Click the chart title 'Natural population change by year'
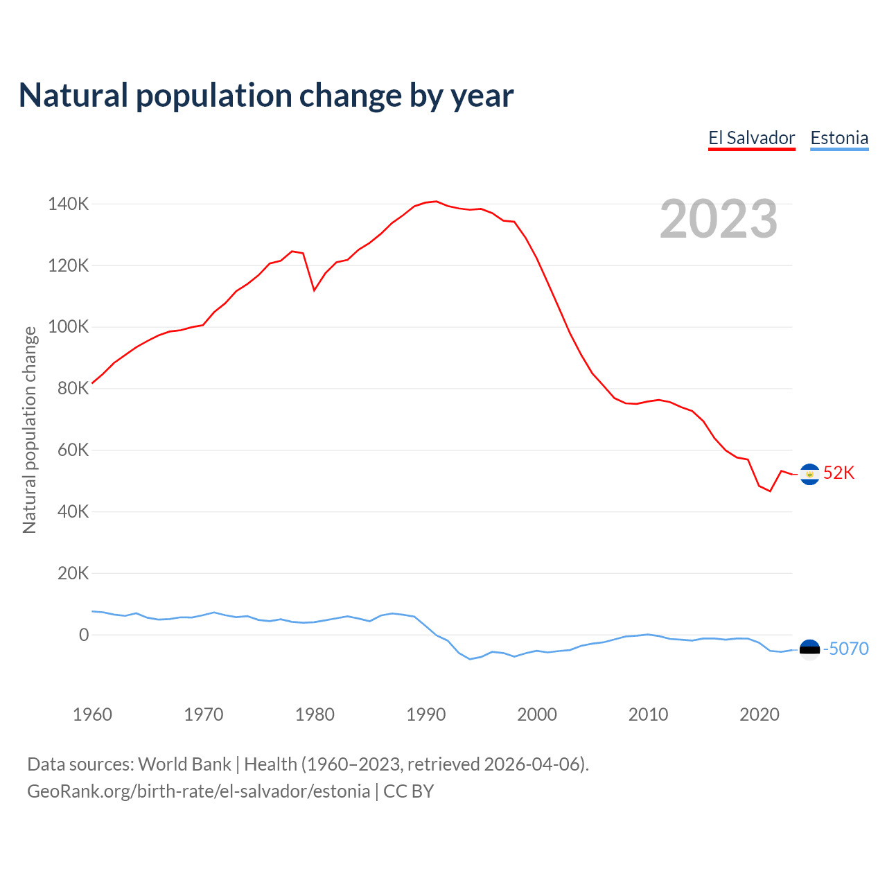266,96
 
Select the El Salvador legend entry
751,138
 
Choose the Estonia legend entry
839,138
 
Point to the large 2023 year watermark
719,219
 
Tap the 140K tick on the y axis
68,204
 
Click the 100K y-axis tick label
68,327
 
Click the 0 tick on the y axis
84,635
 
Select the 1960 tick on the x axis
92,714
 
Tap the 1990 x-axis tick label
425,714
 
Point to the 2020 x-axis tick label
759,714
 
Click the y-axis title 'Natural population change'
29,430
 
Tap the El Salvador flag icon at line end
809,474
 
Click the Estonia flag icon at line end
809,649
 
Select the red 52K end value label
838,473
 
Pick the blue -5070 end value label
845,649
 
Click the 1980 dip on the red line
314,290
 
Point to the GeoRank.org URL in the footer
198,791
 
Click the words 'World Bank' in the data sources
184,764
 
